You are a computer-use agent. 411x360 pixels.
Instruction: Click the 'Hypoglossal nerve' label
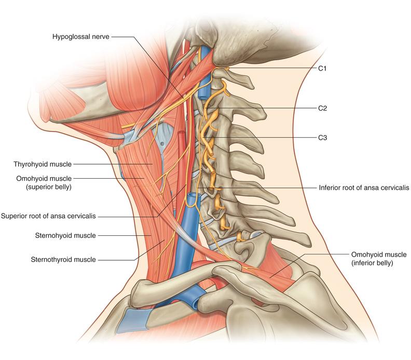click(81, 36)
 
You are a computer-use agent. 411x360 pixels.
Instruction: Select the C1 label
click(322, 69)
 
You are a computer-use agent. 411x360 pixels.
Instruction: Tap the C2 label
click(322, 108)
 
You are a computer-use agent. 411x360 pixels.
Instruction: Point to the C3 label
click(322, 138)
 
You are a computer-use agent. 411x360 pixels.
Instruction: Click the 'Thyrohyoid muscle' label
click(43, 164)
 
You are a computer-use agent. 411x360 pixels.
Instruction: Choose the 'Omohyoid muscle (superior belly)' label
click(44, 183)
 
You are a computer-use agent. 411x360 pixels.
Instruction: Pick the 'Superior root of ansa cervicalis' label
click(48, 216)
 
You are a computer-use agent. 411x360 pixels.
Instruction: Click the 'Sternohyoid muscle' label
click(65, 236)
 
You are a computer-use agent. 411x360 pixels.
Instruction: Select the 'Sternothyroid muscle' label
click(63, 260)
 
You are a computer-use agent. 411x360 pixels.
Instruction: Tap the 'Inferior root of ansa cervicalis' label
click(364, 188)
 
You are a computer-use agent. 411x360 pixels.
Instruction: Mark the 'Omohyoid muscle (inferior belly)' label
click(379, 259)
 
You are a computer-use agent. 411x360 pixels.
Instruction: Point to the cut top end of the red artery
click(182, 133)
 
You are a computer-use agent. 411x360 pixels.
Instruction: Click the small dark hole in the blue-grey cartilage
click(162, 143)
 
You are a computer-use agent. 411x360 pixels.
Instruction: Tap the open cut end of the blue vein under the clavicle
click(195, 304)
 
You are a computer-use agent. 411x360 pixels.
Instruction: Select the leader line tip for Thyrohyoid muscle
click(152, 164)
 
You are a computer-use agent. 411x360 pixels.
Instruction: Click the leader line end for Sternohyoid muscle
click(151, 236)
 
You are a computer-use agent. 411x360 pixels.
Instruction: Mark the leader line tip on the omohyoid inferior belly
click(270, 277)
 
